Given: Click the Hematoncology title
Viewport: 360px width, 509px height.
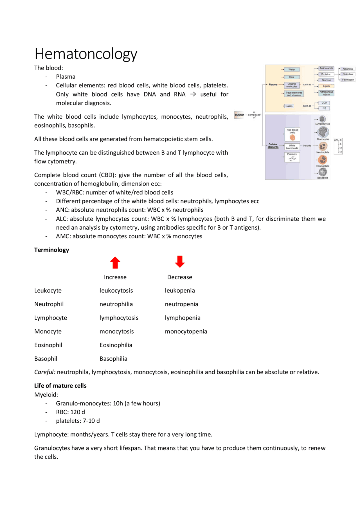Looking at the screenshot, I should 86,54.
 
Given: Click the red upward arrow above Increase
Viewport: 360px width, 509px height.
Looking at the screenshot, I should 115,263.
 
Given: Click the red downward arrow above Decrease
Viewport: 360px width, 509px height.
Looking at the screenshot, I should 180,262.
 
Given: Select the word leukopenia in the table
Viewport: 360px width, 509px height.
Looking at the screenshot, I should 180,290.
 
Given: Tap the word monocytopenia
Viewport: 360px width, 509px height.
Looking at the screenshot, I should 186,331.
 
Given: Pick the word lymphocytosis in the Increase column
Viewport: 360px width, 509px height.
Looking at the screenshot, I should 119,318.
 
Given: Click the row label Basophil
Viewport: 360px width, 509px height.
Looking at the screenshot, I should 46,359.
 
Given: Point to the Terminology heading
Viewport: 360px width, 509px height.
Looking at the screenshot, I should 51,250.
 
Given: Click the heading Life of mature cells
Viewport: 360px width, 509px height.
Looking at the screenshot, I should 60,386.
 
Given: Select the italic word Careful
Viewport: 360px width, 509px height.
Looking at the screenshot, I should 45,372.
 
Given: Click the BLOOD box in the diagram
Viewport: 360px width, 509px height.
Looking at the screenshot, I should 239,115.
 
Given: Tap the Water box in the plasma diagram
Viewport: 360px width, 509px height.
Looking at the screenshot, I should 292,69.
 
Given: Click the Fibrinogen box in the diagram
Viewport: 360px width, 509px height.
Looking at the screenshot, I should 348,80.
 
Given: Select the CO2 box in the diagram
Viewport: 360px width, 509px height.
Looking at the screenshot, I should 324,103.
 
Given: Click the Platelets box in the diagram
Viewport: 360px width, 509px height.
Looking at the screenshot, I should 292,157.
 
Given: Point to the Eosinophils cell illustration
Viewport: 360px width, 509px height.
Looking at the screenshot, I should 323,160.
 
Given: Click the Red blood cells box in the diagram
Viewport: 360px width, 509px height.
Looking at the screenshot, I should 292,134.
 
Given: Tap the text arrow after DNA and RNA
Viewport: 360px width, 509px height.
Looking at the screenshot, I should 193,94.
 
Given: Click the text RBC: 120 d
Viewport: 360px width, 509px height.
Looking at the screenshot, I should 70,412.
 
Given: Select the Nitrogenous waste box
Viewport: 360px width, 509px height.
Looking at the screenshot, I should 326,93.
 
